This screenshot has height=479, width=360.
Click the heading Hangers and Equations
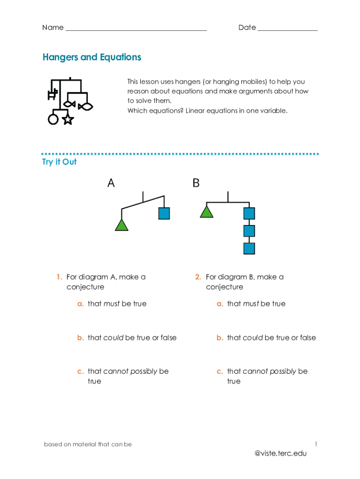click(x=92, y=57)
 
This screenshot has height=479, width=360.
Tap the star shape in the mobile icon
click(x=68, y=119)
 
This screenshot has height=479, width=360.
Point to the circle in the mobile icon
click(x=53, y=119)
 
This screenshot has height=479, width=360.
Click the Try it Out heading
click(x=59, y=162)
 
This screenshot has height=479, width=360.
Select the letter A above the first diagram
click(x=111, y=183)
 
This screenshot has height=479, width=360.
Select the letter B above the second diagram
click(x=196, y=183)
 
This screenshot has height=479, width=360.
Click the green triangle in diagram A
click(x=122, y=225)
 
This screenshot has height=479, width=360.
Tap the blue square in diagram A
click(x=164, y=213)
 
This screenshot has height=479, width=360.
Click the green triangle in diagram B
click(x=206, y=212)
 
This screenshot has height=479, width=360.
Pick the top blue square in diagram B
click(x=249, y=213)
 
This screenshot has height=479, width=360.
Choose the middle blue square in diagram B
click(x=249, y=231)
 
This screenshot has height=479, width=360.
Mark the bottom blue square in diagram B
click(x=249, y=248)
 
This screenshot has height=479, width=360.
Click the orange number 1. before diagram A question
click(x=59, y=277)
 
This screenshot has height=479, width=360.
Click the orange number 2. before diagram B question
click(x=198, y=277)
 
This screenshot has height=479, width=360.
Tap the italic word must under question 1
click(x=111, y=304)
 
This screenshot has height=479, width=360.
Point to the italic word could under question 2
click(x=252, y=338)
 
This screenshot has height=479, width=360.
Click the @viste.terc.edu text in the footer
click(x=281, y=453)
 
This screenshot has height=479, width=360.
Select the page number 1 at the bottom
click(x=316, y=443)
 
